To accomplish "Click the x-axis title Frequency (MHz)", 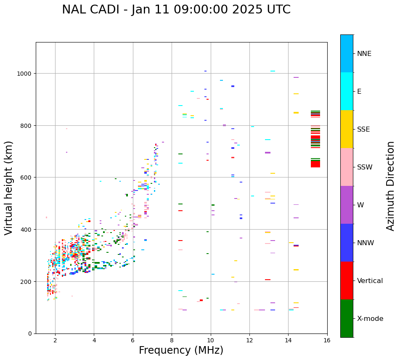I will tap(181, 350).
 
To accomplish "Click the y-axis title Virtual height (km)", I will tap(9, 188).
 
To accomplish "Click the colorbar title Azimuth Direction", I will tap(391, 186).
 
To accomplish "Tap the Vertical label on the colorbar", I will tap(370, 281).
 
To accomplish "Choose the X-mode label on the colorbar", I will tap(370, 319).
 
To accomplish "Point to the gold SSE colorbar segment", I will tap(347, 129).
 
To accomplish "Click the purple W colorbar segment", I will tap(347, 205).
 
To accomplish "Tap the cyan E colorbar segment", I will tap(347, 91).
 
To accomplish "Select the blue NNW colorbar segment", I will tap(347, 243).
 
